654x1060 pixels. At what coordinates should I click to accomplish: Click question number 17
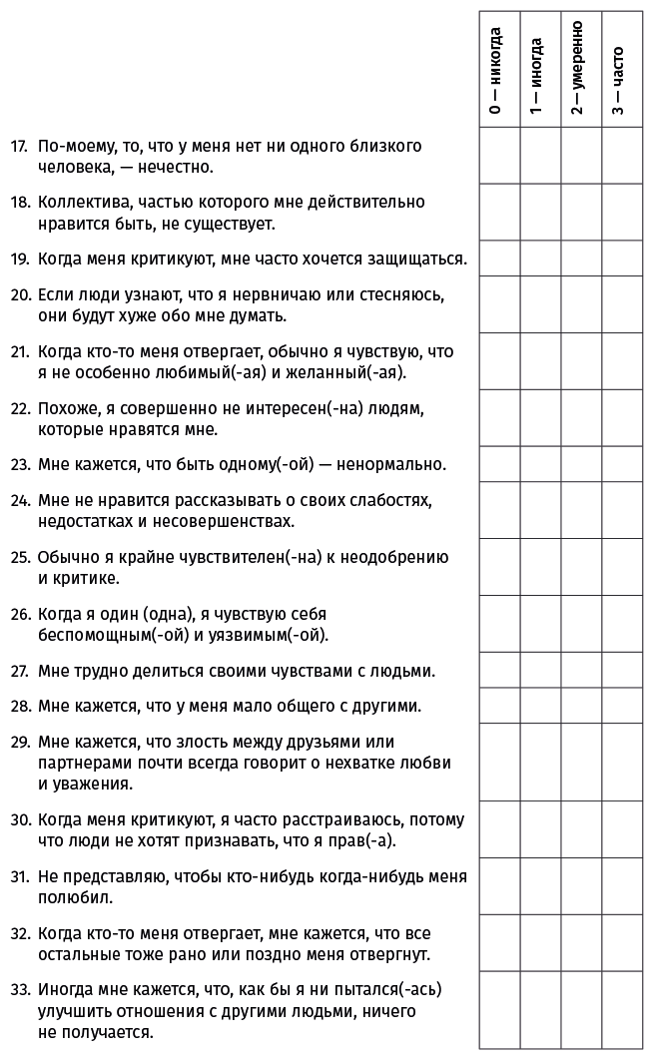pos(18,146)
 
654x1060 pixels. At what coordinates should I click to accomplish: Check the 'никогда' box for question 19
pos(499,259)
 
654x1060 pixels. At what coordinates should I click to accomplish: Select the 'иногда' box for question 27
pos(540,670)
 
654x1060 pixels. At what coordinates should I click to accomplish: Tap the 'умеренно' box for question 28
pos(581,706)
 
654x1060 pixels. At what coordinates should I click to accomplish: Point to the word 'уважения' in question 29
pos(96,785)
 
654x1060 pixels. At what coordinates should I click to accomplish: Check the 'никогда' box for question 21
pos(499,361)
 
